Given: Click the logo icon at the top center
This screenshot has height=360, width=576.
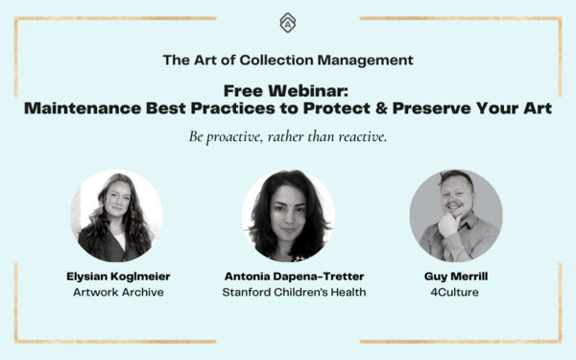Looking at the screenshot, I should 287,21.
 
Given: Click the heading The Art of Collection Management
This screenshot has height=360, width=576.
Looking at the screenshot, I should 288,60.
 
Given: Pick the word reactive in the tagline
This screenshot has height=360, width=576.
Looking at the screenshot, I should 359,138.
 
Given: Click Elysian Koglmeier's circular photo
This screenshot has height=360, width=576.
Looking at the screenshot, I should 116,216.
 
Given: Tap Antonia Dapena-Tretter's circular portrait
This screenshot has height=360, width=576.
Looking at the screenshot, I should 288,216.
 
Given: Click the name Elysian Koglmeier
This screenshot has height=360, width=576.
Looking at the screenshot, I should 116,276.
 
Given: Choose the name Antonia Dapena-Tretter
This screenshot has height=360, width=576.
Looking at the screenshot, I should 288,276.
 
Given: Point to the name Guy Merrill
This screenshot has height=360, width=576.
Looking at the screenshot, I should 456,276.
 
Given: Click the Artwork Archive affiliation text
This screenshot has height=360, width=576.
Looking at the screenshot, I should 116,291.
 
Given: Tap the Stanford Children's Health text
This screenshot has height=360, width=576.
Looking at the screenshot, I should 288,291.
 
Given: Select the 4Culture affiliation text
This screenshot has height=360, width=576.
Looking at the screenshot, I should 456,291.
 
